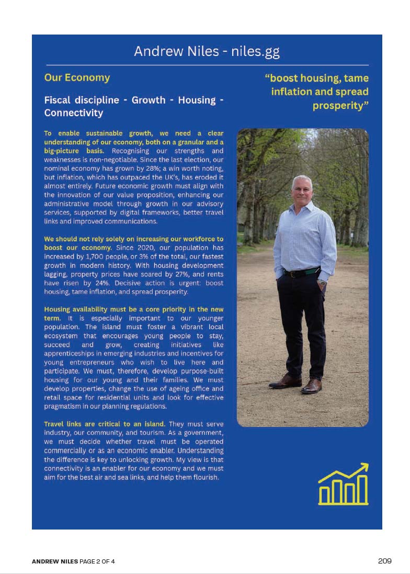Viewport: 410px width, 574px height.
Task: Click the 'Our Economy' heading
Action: point(77,78)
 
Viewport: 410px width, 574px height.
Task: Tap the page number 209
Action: point(384,561)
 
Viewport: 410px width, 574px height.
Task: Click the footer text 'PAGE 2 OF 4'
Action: point(97,561)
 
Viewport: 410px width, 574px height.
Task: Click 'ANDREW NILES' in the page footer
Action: point(55,561)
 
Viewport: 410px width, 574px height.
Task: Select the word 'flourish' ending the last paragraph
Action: point(204,477)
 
